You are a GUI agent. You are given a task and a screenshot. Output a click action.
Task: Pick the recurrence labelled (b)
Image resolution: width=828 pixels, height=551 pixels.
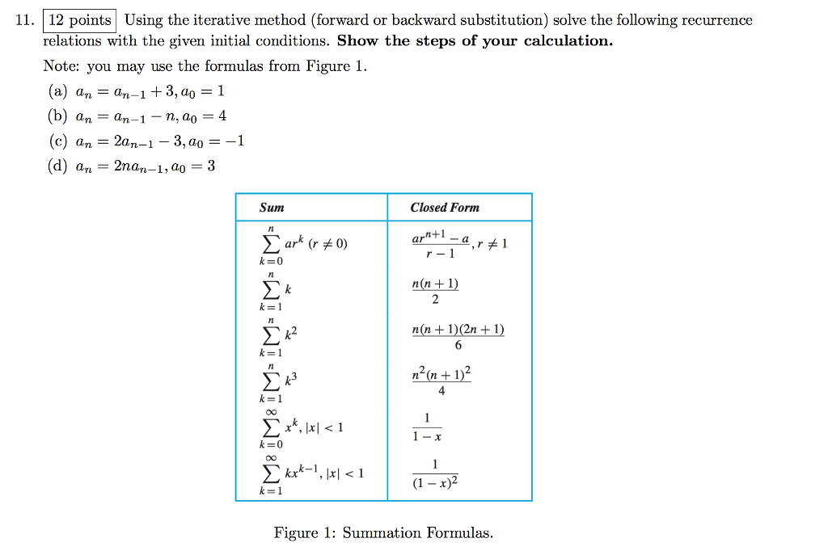click(137, 116)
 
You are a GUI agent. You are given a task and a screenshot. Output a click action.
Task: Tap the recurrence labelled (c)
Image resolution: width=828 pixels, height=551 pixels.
click(146, 141)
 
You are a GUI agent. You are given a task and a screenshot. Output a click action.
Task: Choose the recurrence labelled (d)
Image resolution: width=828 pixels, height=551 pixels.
click(133, 166)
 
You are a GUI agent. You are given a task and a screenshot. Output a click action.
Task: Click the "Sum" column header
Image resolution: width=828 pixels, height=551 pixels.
click(272, 208)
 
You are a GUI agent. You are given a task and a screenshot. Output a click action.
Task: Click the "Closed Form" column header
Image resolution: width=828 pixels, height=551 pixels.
click(445, 208)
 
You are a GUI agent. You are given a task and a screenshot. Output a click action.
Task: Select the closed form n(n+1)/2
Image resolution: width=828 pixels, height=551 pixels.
click(435, 291)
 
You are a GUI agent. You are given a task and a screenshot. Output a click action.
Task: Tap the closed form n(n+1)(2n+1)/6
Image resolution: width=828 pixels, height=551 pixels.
click(458, 337)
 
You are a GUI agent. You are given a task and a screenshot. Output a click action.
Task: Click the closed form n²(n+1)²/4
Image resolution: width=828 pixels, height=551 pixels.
click(441, 382)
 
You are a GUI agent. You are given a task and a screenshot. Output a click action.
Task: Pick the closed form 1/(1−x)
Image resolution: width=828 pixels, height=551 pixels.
click(426, 427)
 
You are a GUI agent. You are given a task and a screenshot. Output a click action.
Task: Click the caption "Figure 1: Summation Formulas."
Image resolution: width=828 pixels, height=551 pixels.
click(383, 532)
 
